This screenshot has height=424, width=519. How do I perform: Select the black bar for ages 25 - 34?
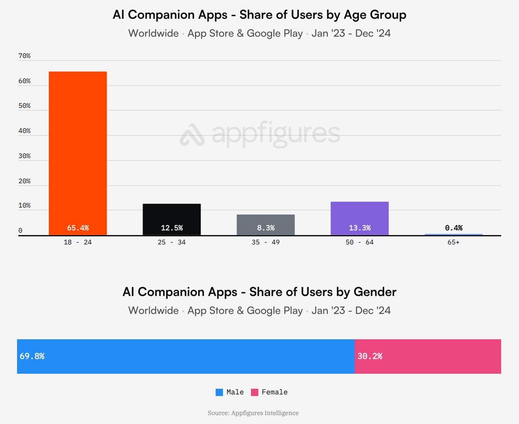pos(172,215)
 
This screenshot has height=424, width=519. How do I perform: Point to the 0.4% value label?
pos(454,228)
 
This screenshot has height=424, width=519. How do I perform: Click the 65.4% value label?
pos(78,228)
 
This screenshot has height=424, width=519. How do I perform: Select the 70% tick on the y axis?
pos(24,56)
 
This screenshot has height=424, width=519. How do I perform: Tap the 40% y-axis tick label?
pos(24,131)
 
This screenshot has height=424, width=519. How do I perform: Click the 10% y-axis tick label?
pos(24,206)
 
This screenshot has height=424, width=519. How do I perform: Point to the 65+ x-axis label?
pos(453,242)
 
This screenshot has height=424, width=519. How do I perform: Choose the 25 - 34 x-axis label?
pos(172,242)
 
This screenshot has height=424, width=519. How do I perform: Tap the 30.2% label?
pos(370,356)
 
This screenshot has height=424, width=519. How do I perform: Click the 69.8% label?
pos(32,356)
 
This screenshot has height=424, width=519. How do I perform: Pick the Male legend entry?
pos(230,392)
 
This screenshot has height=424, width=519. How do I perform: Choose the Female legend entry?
pos(269,392)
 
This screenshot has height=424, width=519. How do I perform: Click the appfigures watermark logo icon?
pos(192,135)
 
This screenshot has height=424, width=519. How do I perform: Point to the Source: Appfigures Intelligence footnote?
pos(253,413)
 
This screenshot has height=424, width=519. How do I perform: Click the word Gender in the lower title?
pos(375,292)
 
